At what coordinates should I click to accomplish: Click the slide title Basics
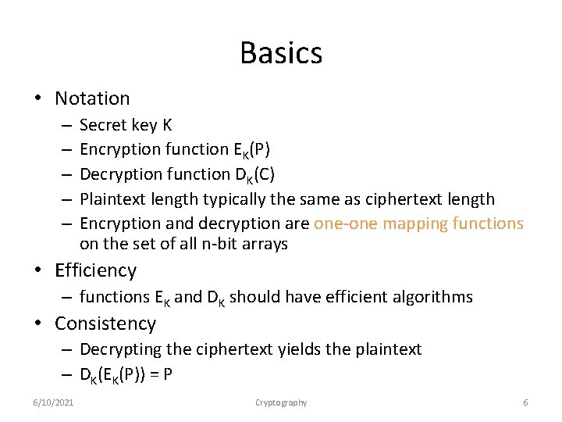(281, 53)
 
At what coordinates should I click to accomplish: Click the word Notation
(92, 98)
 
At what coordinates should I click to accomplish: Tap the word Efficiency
(95, 270)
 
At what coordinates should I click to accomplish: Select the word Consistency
(105, 324)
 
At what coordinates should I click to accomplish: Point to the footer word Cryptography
(281, 402)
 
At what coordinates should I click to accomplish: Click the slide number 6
(525, 402)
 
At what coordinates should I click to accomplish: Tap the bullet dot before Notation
(36, 99)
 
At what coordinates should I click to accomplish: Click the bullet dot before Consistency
(36, 324)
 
